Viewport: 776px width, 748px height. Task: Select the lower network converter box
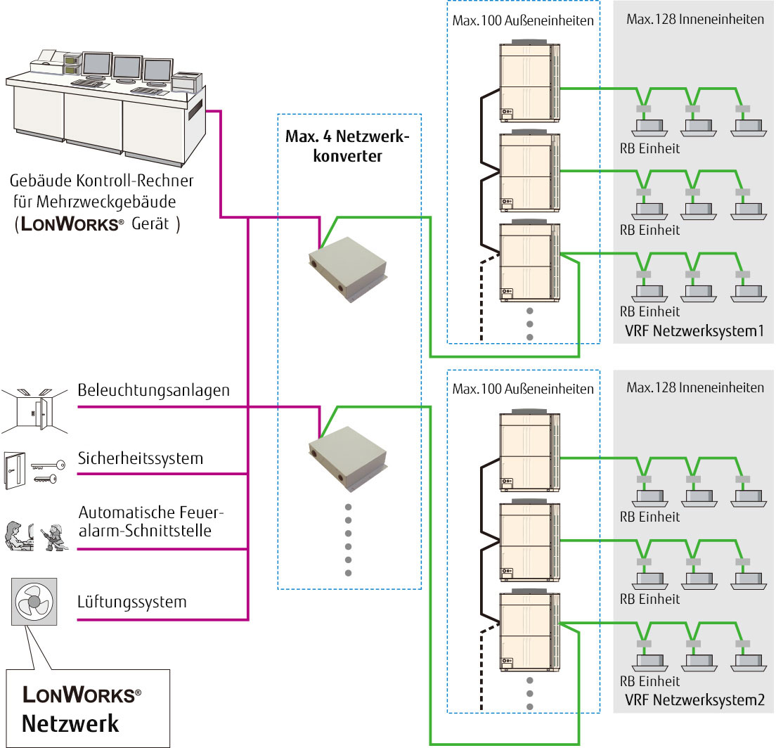(349, 456)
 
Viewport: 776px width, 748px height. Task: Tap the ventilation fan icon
(34, 602)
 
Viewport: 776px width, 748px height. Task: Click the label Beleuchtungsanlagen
(154, 390)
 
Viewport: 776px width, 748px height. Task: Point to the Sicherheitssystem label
(141, 459)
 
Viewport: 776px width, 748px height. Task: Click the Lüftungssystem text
(132, 602)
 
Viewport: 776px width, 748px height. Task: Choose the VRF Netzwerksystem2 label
(694, 699)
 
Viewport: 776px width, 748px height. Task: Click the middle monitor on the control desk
(127, 67)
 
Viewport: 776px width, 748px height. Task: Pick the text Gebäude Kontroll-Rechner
(102, 181)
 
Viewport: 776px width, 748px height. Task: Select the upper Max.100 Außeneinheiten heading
(523, 20)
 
